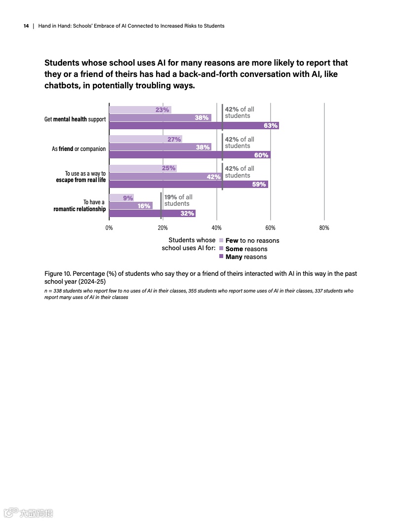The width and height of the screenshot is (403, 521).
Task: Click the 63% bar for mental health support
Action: [194, 126]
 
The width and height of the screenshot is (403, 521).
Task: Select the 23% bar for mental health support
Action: [140, 110]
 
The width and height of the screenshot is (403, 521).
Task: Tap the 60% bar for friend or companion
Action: [190, 155]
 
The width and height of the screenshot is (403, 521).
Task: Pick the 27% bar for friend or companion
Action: [145, 139]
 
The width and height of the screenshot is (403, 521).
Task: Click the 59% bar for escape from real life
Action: [188, 185]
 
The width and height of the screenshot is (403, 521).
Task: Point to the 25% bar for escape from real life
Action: [143, 168]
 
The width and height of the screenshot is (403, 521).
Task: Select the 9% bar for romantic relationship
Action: [121, 198]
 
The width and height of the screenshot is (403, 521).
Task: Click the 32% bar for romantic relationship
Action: [152, 214]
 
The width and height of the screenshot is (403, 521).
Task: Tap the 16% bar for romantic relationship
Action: [130, 206]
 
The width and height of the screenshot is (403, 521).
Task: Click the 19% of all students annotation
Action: [178, 200]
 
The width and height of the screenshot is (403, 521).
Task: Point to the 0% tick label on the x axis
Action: [109, 228]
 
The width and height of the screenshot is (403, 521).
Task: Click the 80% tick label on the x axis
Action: [324, 228]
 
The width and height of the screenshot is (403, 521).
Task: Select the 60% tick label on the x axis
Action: [270, 228]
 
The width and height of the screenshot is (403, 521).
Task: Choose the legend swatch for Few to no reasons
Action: [221, 241]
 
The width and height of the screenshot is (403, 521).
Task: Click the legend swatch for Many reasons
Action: [221, 257]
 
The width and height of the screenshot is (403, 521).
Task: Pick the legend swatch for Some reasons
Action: [221, 249]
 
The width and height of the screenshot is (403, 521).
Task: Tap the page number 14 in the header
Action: [26, 26]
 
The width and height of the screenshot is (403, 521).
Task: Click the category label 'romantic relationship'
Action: [80, 209]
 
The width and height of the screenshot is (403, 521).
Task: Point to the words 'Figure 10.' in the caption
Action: [57, 273]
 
